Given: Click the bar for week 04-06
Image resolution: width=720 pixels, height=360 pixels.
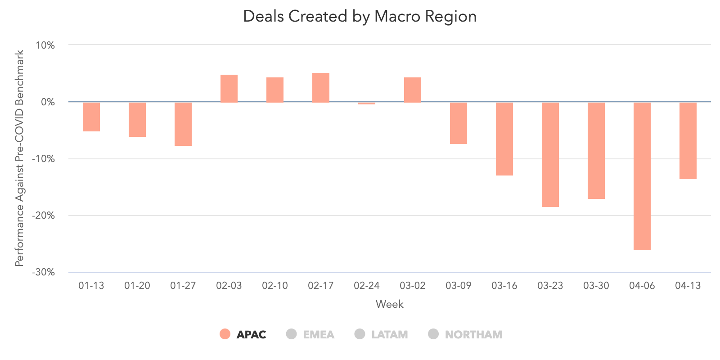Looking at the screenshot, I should (642, 176).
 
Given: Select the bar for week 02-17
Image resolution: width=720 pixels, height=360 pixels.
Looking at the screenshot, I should (321, 88).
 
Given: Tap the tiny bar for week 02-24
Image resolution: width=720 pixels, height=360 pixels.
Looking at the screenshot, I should (367, 103).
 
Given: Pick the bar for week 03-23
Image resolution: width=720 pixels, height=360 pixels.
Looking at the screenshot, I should (550, 154).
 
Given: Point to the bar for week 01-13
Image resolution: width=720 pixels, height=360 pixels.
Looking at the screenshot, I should (91, 117).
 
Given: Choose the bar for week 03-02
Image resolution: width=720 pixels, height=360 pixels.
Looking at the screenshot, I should (413, 90).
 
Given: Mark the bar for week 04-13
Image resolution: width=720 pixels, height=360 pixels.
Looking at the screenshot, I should (688, 140).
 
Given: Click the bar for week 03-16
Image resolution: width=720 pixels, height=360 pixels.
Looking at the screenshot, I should (504, 139).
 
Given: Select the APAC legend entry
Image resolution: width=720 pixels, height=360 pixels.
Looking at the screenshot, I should (243, 334).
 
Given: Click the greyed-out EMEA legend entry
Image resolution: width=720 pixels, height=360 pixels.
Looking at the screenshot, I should (310, 334).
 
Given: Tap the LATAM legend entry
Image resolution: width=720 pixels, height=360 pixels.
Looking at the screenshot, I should (382, 334).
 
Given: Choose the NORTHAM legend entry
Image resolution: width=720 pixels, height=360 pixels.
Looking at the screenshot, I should (465, 334).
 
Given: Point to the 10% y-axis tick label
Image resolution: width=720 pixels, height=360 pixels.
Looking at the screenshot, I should (45, 45).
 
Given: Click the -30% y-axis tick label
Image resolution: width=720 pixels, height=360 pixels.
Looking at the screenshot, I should (43, 272).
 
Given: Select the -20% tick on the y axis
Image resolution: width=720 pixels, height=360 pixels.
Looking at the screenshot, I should (43, 216).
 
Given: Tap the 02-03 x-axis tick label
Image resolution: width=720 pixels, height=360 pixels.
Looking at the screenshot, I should (229, 286).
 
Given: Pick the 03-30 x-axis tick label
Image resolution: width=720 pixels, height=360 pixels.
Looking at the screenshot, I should (596, 286).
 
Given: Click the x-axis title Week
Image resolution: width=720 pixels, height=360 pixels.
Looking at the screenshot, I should (390, 304).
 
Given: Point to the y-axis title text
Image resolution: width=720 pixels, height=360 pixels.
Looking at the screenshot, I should (19, 158).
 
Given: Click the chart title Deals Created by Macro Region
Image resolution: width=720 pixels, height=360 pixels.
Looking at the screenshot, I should (360, 17).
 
